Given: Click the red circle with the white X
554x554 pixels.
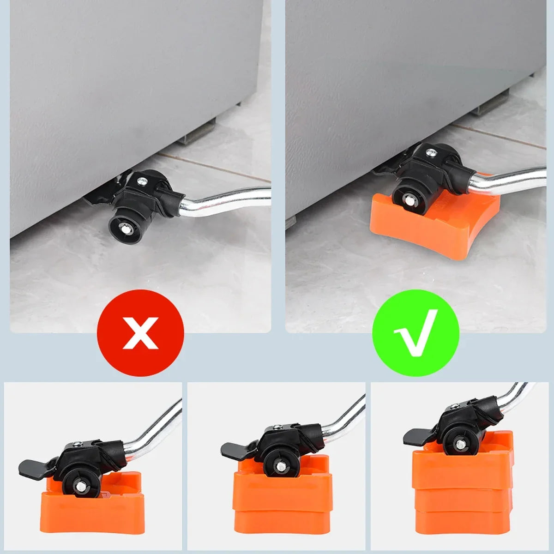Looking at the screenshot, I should [x=140, y=332].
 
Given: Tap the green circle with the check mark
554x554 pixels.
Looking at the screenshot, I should [x=416, y=332].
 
